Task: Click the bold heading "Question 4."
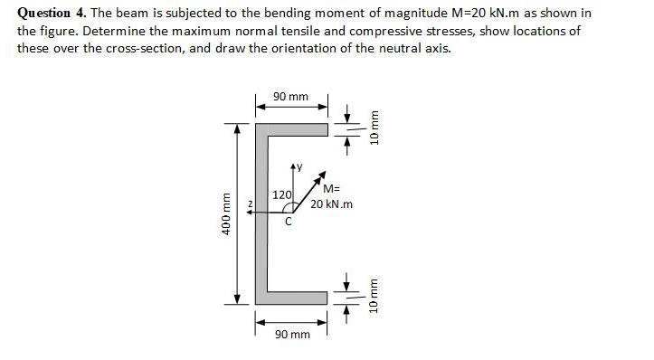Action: click(x=52, y=13)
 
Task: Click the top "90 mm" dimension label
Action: click(x=290, y=96)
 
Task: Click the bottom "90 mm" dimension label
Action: click(x=292, y=334)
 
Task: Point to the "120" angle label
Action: click(x=282, y=194)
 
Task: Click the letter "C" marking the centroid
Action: click(x=288, y=223)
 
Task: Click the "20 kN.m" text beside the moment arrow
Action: click(x=331, y=204)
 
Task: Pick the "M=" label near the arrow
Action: click(x=330, y=190)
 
